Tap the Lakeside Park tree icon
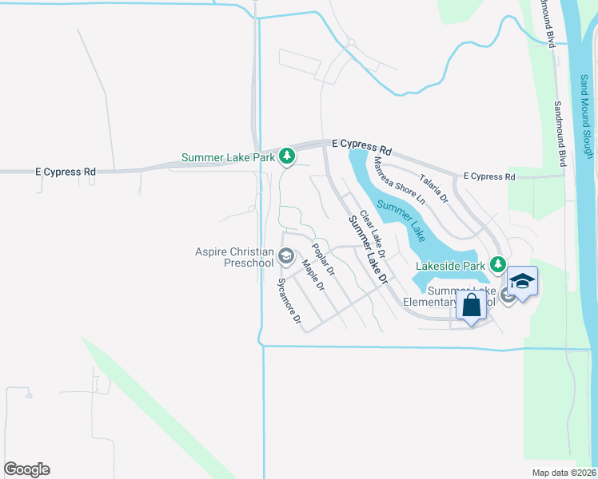pyautogui.click(x=498, y=264)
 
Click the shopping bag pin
pyautogui.click(x=471, y=305)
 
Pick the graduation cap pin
pyautogui.click(x=523, y=282)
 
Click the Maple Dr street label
pyautogui.click(x=313, y=275)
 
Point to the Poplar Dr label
pyautogui.click(x=323, y=259)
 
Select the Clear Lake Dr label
pyautogui.click(x=373, y=234)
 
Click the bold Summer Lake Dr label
pyautogui.click(x=367, y=251)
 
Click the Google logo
pyautogui.click(x=26, y=469)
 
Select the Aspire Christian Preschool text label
pyautogui.click(x=234, y=257)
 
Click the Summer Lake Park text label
pyautogui.click(x=228, y=157)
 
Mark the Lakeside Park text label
pyautogui.click(x=451, y=264)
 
